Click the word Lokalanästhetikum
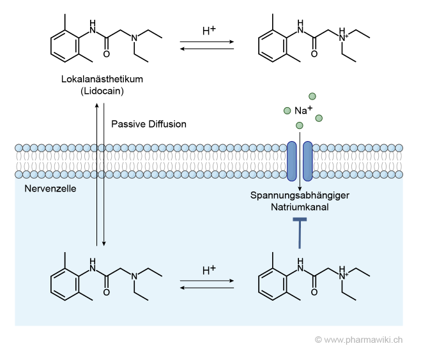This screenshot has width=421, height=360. [x=107, y=79]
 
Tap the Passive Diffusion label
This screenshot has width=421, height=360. [x=149, y=124]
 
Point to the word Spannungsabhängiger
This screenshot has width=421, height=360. [x=300, y=196]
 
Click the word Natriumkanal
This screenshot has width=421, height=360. [x=300, y=207]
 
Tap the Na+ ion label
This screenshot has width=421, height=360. [x=303, y=110]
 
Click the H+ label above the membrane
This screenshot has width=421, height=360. [x=208, y=31]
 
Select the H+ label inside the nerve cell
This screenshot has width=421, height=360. [x=208, y=271]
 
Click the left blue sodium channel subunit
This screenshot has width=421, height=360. [x=291, y=160]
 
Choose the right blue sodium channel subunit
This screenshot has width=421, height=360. [x=307, y=160]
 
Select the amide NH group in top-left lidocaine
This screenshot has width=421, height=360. [x=94, y=29]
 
